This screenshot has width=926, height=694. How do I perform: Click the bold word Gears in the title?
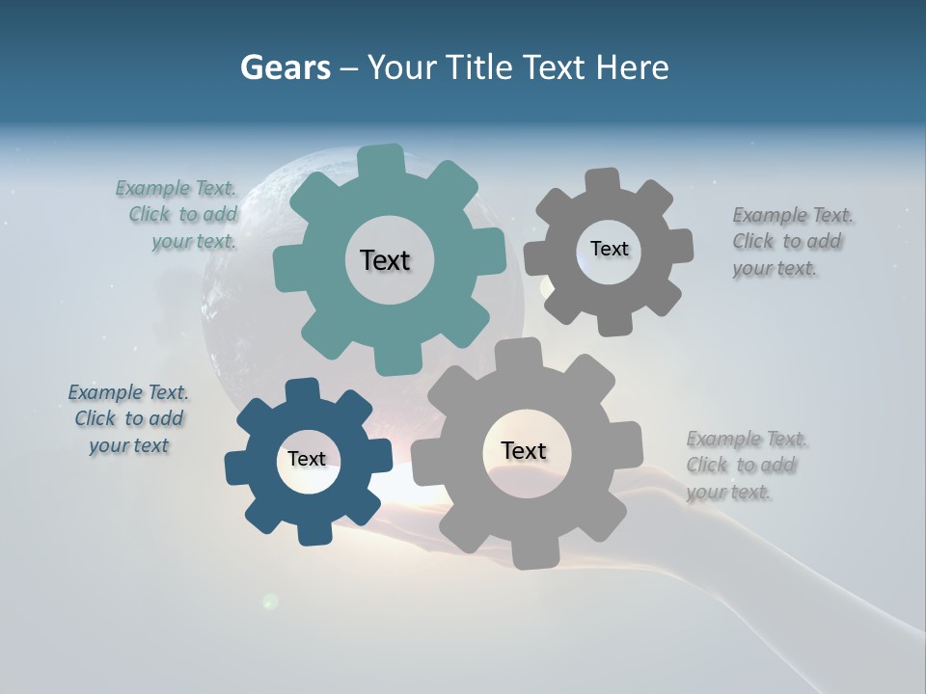[285, 67]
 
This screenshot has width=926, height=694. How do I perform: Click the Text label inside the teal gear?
[385, 260]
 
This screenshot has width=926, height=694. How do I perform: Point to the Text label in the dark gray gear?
[609, 249]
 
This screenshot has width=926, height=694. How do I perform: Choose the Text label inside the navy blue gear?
[306, 460]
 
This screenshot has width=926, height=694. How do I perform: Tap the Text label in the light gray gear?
[524, 451]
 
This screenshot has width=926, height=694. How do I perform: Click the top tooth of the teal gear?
[381, 159]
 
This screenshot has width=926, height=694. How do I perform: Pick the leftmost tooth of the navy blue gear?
[236, 467]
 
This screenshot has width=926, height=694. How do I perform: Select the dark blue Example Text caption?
[128, 418]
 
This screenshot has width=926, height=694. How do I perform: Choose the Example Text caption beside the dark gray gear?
[792, 242]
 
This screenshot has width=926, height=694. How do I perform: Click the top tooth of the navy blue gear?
[303, 390]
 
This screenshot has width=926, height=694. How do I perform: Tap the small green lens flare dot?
[271, 601]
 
